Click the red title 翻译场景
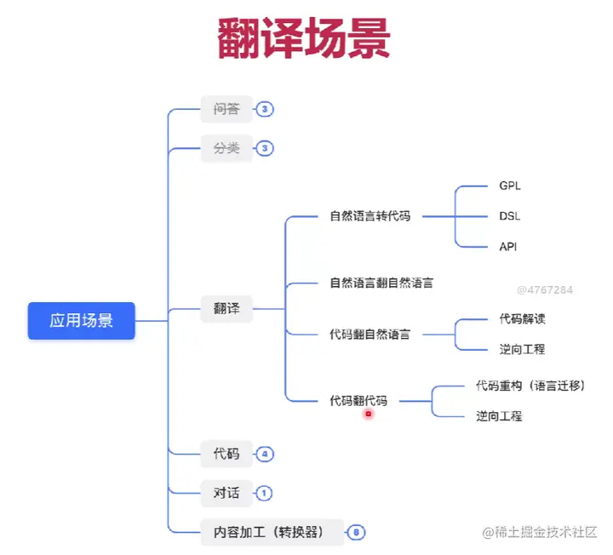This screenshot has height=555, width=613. point(304,39)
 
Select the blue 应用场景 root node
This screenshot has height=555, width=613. point(81,321)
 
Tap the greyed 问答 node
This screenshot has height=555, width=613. point(226,109)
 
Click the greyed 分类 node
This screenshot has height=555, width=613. point(226,148)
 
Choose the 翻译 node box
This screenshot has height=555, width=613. point(226,309)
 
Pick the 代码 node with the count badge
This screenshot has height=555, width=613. point(226,454)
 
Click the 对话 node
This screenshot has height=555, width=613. point(226,492)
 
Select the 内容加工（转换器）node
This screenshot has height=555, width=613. point(272,532)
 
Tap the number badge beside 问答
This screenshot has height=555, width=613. point(265,109)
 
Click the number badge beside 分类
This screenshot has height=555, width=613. point(265,148)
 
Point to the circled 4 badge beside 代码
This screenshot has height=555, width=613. point(265,454)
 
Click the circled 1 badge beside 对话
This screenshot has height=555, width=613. point(265,492)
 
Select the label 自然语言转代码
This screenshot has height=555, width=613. point(370,216)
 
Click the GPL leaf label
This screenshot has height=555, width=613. point(510,186)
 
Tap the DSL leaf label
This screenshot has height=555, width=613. point(510,216)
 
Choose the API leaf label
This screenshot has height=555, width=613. point(508,247)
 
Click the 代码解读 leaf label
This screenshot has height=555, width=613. point(522,319)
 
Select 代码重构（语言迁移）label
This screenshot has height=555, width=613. point(530,386)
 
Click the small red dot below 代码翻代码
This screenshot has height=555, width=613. point(369,414)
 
